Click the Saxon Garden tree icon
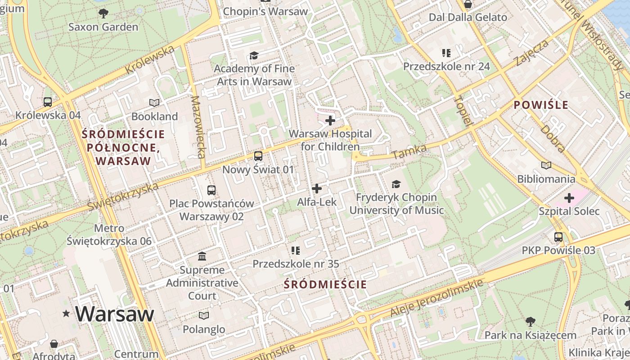tap(103, 13)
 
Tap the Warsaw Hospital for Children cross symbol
tap(330, 121)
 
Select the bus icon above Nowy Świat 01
tap(258, 156)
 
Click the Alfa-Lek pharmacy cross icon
tap(317, 189)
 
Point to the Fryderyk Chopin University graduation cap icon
tap(396, 184)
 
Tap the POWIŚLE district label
tap(541, 105)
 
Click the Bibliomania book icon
tap(546, 166)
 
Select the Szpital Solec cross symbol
tap(569, 198)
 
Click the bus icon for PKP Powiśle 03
tap(558, 237)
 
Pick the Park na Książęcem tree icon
tap(530, 322)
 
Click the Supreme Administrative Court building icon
tap(202, 256)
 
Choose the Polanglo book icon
tap(204, 316)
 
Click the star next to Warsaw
tap(67, 313)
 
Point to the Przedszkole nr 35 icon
tap(295, 250)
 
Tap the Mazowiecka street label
tap(198, 127)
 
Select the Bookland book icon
tap(154, 103)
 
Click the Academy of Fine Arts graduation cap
tap(254, 55)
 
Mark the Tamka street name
tap(409, 152)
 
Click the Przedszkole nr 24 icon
tap(446, 53)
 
